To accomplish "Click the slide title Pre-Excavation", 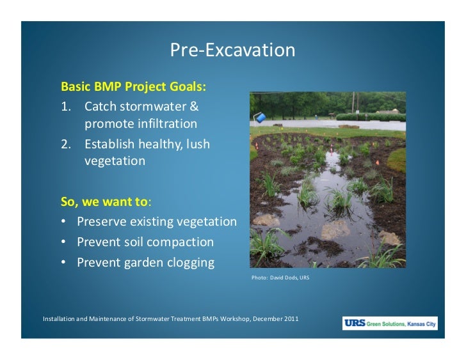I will [232, 51].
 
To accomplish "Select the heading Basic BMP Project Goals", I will [133, 86].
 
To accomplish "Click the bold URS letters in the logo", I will [355, 323].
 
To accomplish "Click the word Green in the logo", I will [375, 324].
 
